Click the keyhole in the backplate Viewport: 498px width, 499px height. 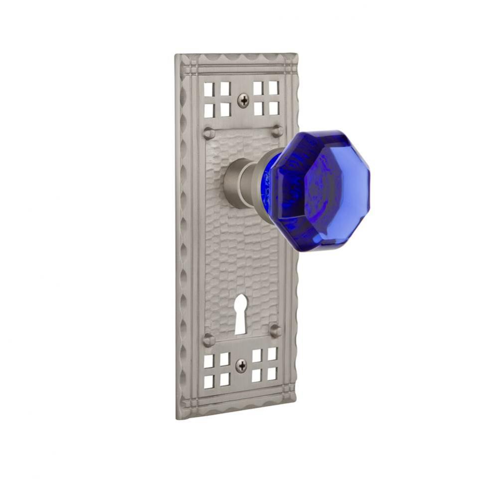point(240,313)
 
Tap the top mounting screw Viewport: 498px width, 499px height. point(243,101)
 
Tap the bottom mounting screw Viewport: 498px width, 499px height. point(241,366)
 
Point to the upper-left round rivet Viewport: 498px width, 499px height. point(208,133)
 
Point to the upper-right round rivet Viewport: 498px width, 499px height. point(277,131)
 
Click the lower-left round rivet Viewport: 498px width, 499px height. point(208,340)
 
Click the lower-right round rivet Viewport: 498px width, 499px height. point(275,330)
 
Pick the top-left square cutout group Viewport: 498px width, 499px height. point(217,99)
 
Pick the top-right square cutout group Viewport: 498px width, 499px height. point(266,97)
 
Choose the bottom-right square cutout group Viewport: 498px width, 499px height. point(265,365)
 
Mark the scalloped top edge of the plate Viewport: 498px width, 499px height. point(237,60)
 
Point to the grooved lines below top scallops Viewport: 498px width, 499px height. point(237,70)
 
